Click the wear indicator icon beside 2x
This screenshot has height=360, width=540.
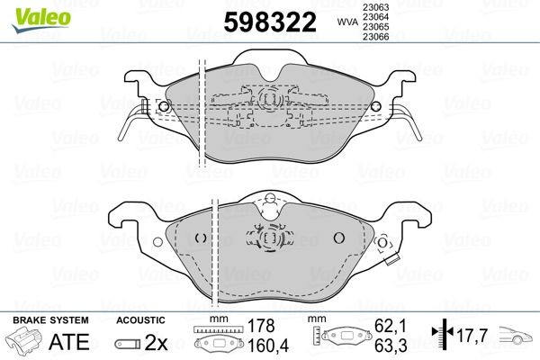[x=128, y=342]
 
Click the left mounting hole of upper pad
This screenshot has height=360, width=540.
[x=163, y=107]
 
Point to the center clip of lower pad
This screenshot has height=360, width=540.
[x=268, y=238]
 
